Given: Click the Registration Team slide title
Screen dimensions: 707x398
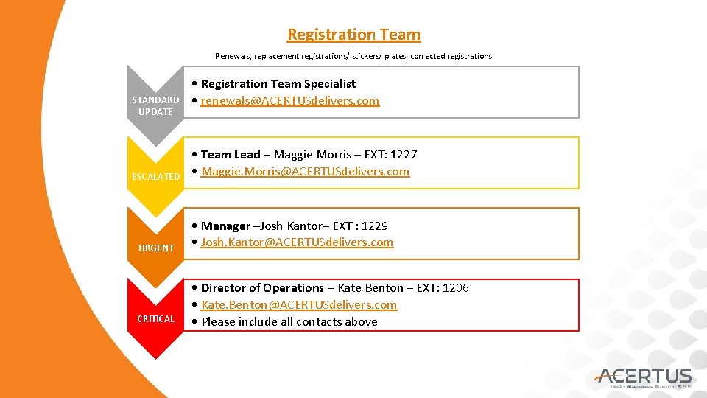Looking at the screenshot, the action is pyautogui.click(x=353, y=35).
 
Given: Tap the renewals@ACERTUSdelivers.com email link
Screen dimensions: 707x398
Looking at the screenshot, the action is pyautogui.click(x=290, y=101).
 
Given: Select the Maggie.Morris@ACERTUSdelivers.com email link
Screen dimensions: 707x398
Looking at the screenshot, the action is pyautogui.click(x=305, y=172).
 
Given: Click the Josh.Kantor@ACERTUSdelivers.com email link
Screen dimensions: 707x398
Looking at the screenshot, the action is pyautogui.click(x=297, y=242).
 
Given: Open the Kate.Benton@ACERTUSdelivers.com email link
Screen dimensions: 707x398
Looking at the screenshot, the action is pyautogui.click(x=298, y=305).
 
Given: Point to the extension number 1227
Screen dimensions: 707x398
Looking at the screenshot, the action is pyautogui.click(x=404, y=155).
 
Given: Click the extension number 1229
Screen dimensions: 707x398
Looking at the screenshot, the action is pyautogui.click(x=376, y=226).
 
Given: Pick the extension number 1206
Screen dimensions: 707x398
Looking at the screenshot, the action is pyautogui.click(x=456, y=288).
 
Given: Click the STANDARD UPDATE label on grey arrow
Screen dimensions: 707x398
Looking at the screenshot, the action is pyautogui.click(x=155, y=105).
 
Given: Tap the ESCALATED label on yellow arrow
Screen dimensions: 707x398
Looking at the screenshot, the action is pyautogui.click(x=155, y=177).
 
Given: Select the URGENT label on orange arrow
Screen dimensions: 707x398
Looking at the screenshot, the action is pyautogui.click(x=156, y=248).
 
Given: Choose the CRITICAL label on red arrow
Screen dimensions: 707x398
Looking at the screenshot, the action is pyautogui.click(x=156, y=319).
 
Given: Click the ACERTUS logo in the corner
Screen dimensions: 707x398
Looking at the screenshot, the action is pyautogui.click(x=645, y=377).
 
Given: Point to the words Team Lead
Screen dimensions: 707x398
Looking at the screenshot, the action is pyautogui.click(x=231, y=155).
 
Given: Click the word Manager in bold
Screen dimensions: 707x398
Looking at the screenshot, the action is pyautogui.click(x=225, y=226).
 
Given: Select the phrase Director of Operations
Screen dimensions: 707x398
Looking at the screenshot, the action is pyautogui.click(x=262, y=288).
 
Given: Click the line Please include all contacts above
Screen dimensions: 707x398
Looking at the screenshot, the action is pyautogui.click(x=289, y=322).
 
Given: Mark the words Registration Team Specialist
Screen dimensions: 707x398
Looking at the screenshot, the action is pyautogui.click(x=278, y=84).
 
